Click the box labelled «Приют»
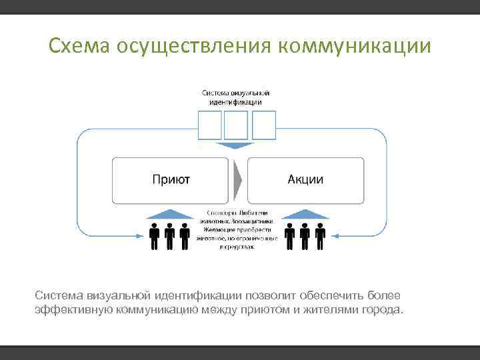(x=171, y=180)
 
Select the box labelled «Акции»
(x=306, y=180)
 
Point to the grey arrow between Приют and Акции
(x=238, y=180)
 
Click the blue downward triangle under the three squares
(x=237, y=145)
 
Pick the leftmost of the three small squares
(x=211, y=125)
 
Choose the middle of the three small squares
(x=236, y=125)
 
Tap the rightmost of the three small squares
(x=263, y=125)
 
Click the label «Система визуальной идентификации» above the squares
(x=236, y=97)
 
